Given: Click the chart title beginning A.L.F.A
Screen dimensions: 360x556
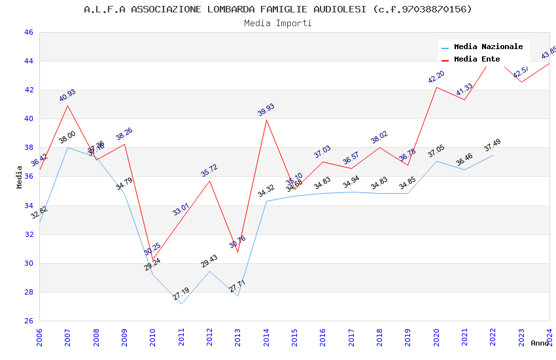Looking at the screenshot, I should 278,9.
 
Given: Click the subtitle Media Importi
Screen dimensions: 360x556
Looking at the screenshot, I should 278,24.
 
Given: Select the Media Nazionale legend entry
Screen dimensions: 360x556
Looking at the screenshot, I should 488,46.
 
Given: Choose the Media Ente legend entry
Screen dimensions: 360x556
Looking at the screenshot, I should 477,59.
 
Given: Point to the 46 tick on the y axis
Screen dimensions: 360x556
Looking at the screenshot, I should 29,32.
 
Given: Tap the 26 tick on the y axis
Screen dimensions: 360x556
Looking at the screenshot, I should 29,321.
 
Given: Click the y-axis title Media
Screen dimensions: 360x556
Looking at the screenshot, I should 20,177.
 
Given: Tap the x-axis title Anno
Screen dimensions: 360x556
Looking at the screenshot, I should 540,343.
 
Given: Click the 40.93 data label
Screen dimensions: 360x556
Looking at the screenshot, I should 67,95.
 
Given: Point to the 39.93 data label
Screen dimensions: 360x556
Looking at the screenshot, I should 266,109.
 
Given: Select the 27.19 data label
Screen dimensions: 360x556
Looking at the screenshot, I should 181,294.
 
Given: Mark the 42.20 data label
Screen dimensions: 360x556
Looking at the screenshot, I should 436,77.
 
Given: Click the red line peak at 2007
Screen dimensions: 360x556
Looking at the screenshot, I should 67,105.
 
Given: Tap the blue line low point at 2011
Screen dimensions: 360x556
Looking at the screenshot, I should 181,304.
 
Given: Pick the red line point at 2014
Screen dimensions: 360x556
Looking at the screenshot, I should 266,120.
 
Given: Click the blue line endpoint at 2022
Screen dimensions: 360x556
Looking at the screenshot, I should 493,155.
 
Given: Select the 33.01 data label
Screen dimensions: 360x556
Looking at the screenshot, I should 181,209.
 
